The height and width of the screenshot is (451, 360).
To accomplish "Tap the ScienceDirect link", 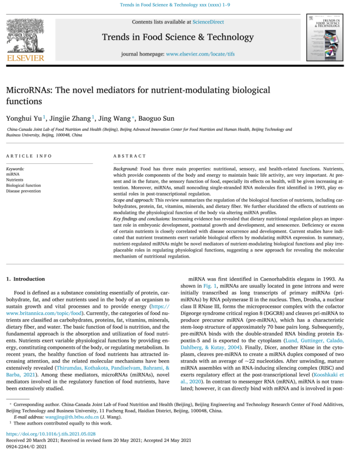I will (x=208, y=22).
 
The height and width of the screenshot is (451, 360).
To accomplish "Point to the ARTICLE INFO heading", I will (x=29, y=156).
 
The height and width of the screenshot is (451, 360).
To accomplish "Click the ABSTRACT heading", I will (x=130, y=156).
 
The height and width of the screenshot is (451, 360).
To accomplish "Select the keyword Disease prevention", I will (x=23, y=191).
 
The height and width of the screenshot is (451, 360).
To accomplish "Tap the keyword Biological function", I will (x=23, y=185).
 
